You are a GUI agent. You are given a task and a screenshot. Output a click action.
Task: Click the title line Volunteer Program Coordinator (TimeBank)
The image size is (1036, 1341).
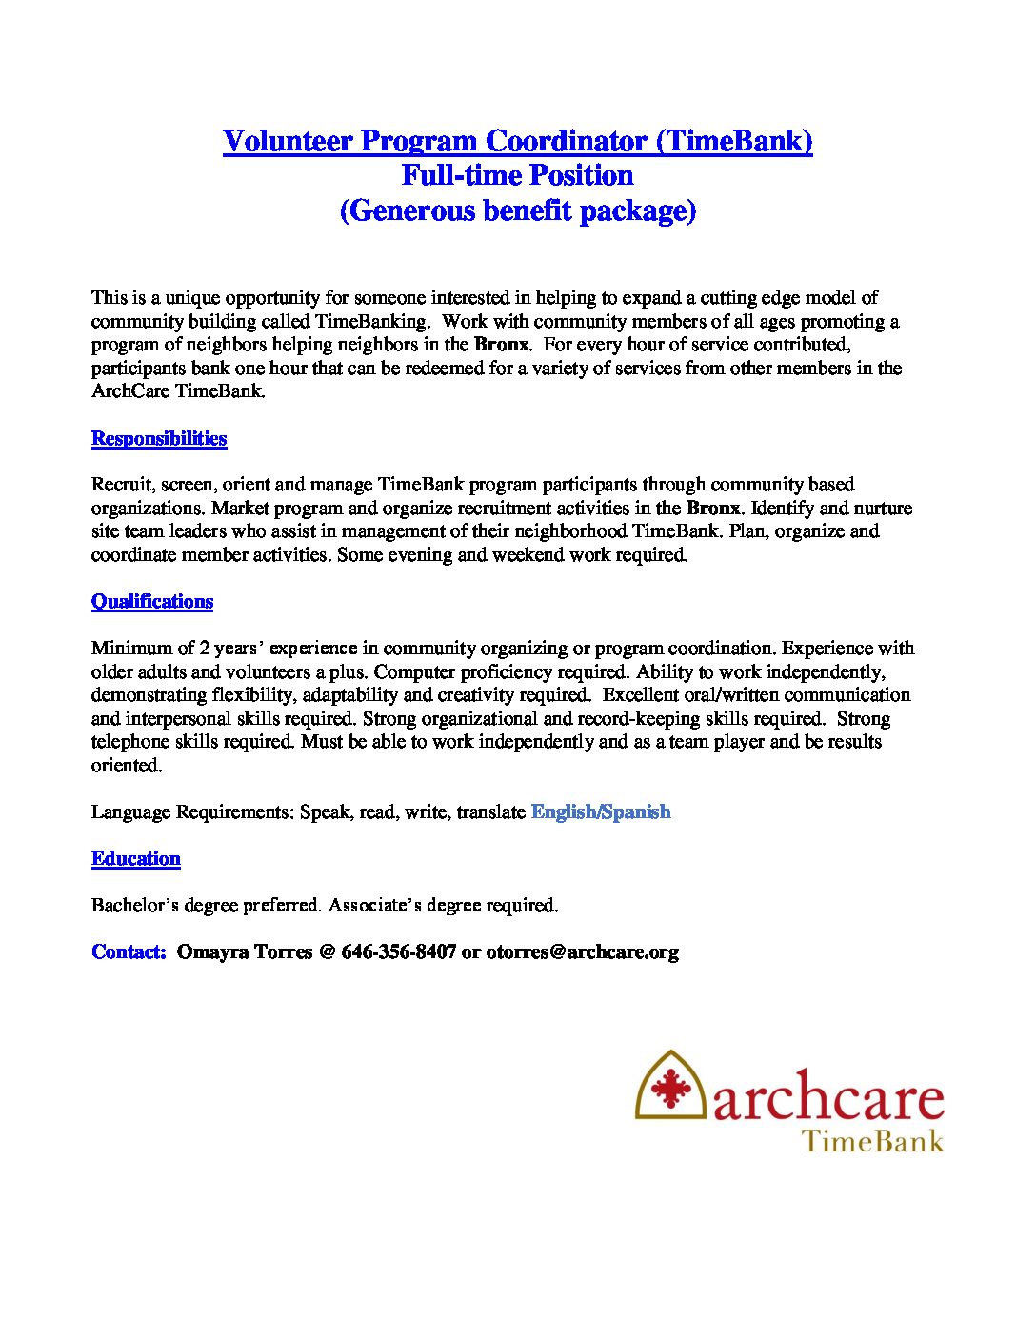pos(517,141)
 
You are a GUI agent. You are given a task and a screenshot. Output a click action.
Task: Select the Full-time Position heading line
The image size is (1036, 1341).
pos(517,175)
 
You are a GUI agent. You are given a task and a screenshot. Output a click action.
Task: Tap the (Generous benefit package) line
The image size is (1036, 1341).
pos(517,210)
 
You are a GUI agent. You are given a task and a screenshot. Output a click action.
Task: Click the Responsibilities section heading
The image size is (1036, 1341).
pos(159,438)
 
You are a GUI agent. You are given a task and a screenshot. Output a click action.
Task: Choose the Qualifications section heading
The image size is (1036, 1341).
pos(152,601)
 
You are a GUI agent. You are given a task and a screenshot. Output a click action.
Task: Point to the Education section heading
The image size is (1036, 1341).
pos(136,858)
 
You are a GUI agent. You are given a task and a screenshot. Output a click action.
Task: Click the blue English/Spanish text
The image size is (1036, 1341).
pos(601,811)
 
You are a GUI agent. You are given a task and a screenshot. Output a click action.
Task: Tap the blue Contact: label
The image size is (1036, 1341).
pos(129,951)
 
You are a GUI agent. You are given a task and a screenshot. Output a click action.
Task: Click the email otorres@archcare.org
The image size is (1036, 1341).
pos(582,951)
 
